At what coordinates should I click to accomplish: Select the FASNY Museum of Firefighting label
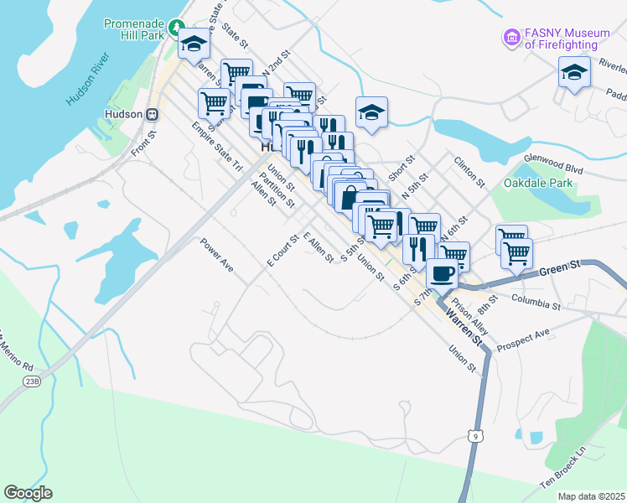click(567, 39)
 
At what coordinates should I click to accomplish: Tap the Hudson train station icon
click(153, 114)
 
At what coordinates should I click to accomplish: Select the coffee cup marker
click(442, 272)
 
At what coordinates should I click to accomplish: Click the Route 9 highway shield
click(475, 434)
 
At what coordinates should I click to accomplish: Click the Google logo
click(28, 493)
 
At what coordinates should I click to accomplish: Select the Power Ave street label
click(216, 255)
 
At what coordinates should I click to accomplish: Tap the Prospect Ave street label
click(523, 339)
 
